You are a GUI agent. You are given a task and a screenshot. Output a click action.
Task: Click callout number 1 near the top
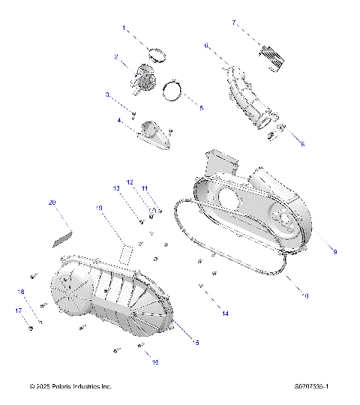124,28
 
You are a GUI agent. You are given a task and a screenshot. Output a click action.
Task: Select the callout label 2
116,56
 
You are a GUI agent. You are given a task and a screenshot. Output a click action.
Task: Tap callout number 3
107,94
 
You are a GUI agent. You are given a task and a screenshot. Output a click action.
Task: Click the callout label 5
201,108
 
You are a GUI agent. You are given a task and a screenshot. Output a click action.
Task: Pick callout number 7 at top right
234,23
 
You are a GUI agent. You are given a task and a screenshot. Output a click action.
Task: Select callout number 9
334,251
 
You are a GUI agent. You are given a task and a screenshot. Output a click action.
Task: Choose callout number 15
196,343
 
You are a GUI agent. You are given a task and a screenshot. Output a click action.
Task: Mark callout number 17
17,310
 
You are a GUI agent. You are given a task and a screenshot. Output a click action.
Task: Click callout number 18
21,292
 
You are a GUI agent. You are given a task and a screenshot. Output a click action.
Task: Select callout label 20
52,202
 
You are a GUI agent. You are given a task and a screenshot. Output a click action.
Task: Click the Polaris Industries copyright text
70,386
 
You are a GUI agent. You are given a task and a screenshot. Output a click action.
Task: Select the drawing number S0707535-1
313,386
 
